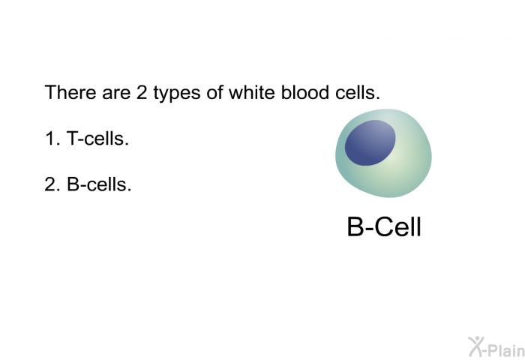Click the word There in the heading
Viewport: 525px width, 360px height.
tap(70, 92)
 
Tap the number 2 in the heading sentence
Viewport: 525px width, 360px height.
tap(142, 92)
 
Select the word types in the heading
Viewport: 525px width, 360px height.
tap(177, 94)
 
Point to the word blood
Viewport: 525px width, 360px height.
tap(304, 92)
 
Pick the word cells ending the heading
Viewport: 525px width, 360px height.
tap(357, 92)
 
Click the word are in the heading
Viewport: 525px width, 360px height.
tap(116, 94)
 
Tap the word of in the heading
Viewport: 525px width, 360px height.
tap(214, 92)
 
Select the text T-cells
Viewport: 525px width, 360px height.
tap(97, 138)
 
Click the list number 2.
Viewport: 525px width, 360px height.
tap(52, 184)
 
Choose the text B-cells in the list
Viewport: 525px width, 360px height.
tap(99, 184)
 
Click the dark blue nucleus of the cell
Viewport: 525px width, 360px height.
tap(370, 142)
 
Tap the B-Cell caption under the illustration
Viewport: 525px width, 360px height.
tap(384, 226)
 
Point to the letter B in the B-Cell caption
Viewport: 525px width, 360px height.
tap(355, 226)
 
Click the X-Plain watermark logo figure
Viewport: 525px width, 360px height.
tap(476, 346)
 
